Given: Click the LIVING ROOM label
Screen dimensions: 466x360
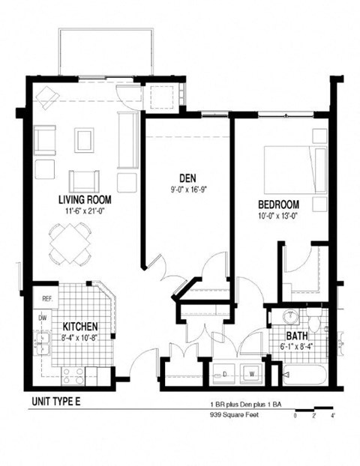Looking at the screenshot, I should click(x=85, y=200).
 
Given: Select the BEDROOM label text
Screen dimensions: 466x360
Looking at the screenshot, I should click(x=279, y=205).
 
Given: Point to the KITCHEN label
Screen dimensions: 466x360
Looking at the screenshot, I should click(x=82, y=327).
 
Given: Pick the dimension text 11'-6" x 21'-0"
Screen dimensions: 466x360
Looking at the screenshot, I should click(x=85, y=211).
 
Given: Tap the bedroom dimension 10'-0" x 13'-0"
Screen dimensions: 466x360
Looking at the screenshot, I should click(x=279, y=217).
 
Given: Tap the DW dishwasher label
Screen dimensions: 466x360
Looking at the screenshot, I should click(x=43, y=318).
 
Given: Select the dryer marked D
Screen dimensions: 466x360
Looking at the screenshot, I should click(x=224, y=372).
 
